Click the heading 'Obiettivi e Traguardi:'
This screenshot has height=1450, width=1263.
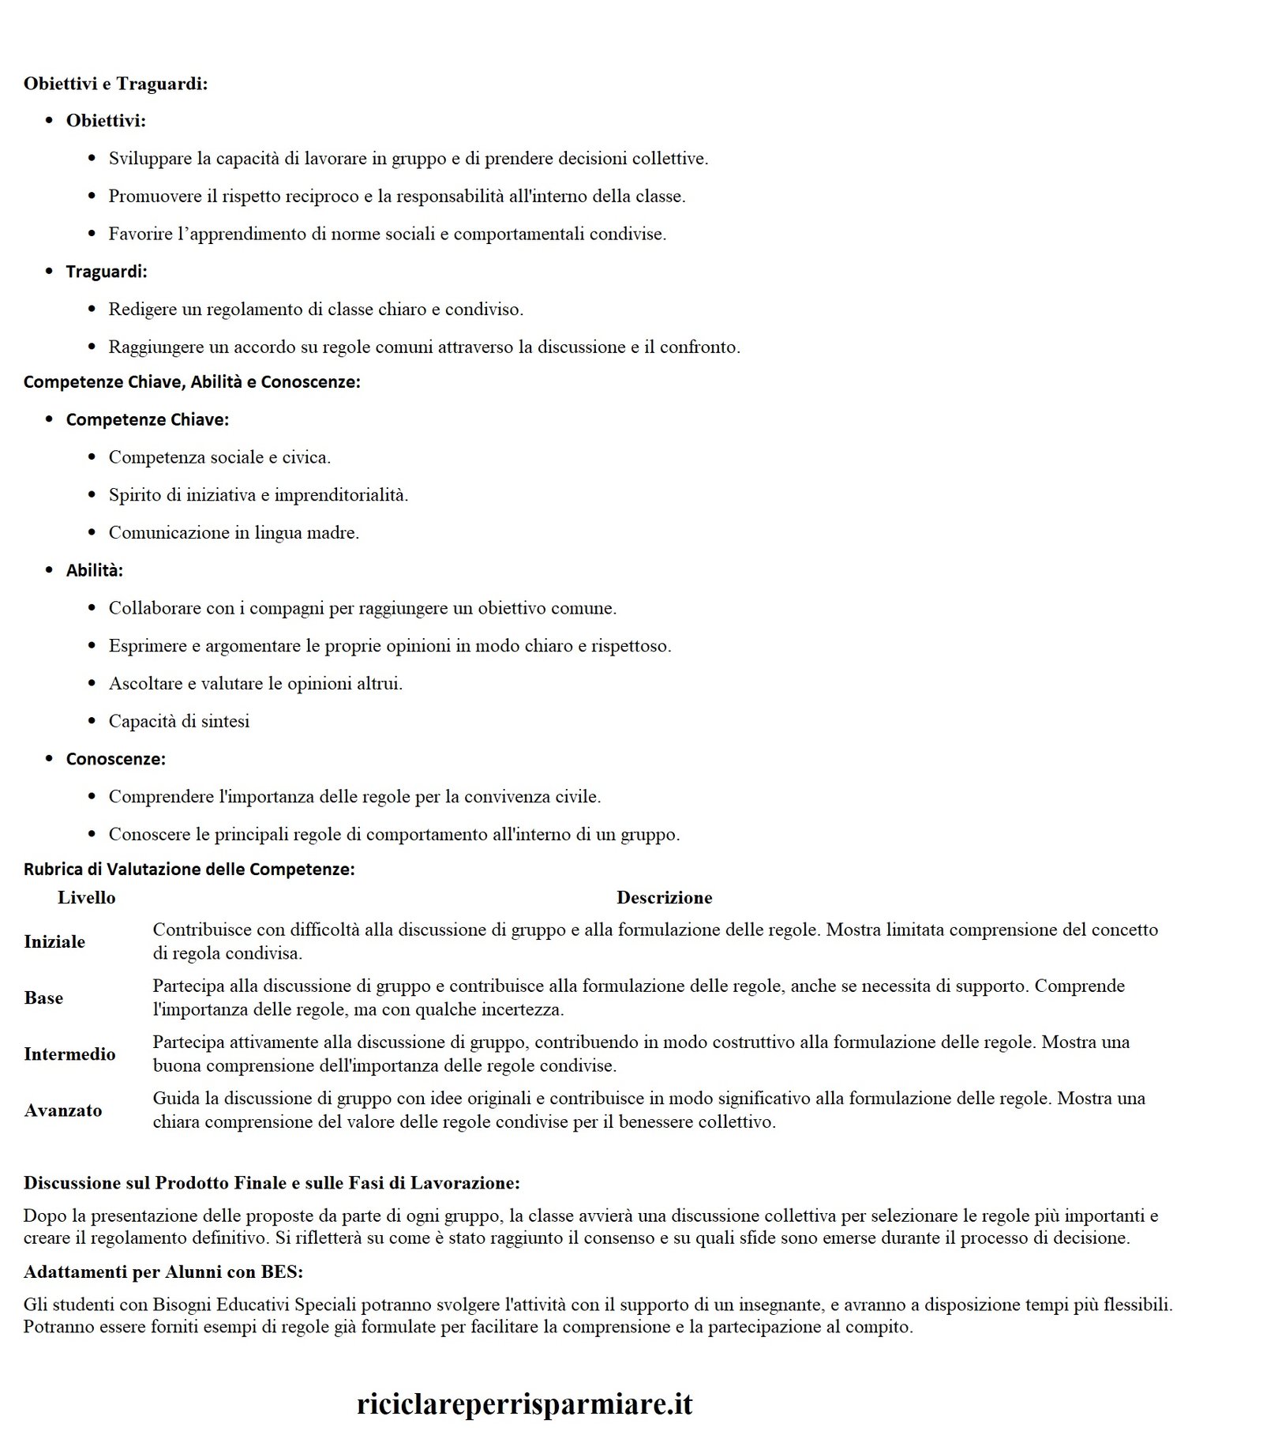coord(115,84)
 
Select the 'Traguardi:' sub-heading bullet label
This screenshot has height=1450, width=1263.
coord(107,272)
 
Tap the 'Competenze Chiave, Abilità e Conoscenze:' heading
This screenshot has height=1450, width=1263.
coord(192,382)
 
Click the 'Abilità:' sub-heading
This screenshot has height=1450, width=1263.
coord(95,570)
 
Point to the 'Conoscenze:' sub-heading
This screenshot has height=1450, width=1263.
coord(115,759)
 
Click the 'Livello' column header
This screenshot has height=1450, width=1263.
coord(87,898)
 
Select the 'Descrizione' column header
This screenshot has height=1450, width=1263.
coord(664,898)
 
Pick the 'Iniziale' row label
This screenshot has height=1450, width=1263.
coord(54,941)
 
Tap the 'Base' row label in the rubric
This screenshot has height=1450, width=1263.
coord(43,997)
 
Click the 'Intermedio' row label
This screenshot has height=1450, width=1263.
coord(69,1054)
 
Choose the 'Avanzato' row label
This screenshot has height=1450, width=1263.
coord(63,1110)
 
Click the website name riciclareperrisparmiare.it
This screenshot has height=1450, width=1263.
coord(525,1403)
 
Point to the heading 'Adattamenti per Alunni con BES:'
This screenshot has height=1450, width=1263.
coord(163,1272)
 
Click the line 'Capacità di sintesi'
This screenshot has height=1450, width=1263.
coord(179,721)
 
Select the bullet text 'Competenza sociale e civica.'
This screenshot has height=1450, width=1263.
coord(219,457)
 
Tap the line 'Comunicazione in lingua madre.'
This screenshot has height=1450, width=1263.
coord(234,533)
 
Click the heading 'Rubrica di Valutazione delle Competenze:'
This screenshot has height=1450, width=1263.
coord(189,870)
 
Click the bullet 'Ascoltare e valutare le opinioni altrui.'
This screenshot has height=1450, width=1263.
coord(256,684)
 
